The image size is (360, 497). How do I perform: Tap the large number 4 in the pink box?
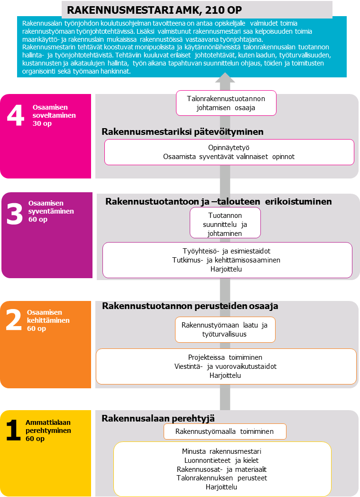point(16,116)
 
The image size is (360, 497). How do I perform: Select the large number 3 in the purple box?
point(14,214)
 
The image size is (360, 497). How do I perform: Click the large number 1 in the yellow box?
point(13,431)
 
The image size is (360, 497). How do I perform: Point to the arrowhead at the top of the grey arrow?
point(225,79)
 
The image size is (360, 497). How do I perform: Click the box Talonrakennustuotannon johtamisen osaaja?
point(225,103)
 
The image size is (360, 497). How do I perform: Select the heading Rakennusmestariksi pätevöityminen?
point(183,131)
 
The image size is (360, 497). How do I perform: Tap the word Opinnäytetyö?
point(229,148)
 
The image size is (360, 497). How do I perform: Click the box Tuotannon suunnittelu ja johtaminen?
point(225,223)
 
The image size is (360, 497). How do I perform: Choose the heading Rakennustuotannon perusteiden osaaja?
point(190,306)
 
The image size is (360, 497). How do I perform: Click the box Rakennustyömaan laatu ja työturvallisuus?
point(225,330)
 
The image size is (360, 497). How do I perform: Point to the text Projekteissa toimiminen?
point(225,357)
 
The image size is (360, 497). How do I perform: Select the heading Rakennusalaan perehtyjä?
point(158,418)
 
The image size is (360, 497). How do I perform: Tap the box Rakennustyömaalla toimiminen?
point(225,431)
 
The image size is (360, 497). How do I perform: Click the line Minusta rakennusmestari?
point(222,451)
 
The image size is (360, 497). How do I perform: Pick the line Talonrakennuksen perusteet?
point(222,478)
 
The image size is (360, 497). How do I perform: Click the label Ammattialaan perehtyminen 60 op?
point(48,431)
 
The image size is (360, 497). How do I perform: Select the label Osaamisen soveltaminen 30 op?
point(54,115)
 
